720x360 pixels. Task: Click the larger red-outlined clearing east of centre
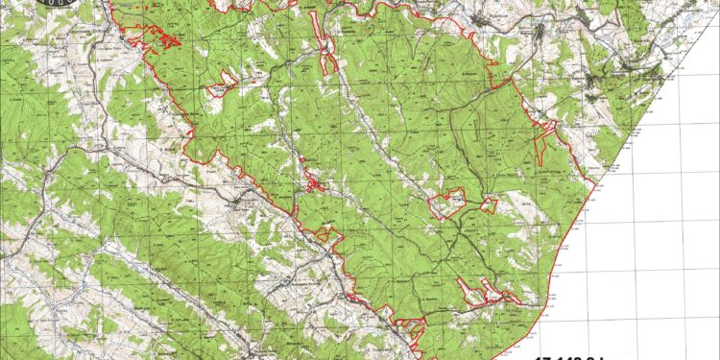[446, 204]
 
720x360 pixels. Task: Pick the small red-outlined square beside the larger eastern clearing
[490, 204]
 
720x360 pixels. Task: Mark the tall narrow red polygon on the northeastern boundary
[542, 144]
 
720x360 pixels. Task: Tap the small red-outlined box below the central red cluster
[327, 233]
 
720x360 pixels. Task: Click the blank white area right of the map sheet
[662, 240]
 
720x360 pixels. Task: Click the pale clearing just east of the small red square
[514, 204]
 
